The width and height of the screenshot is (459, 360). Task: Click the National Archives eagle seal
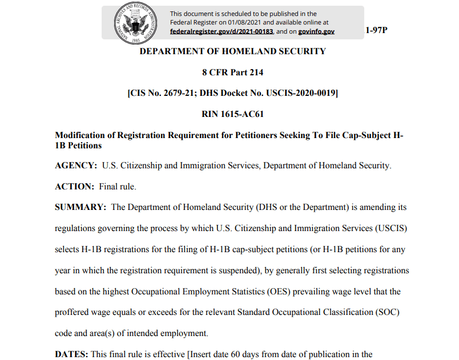point(135,23)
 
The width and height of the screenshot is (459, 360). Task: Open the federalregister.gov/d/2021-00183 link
point(221,31)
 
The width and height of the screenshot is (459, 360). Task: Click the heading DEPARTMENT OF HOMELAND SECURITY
point(233,51)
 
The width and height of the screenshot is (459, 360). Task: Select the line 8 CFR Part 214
point(232,72)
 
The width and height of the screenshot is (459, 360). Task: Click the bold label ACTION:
point(74,187)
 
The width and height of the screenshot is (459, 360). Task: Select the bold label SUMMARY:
point(80,207)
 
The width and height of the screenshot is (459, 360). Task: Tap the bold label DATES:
point(71,354)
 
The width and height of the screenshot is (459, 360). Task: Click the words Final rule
point(118,187)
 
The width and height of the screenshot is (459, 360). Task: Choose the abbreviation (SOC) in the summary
point(388,313)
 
